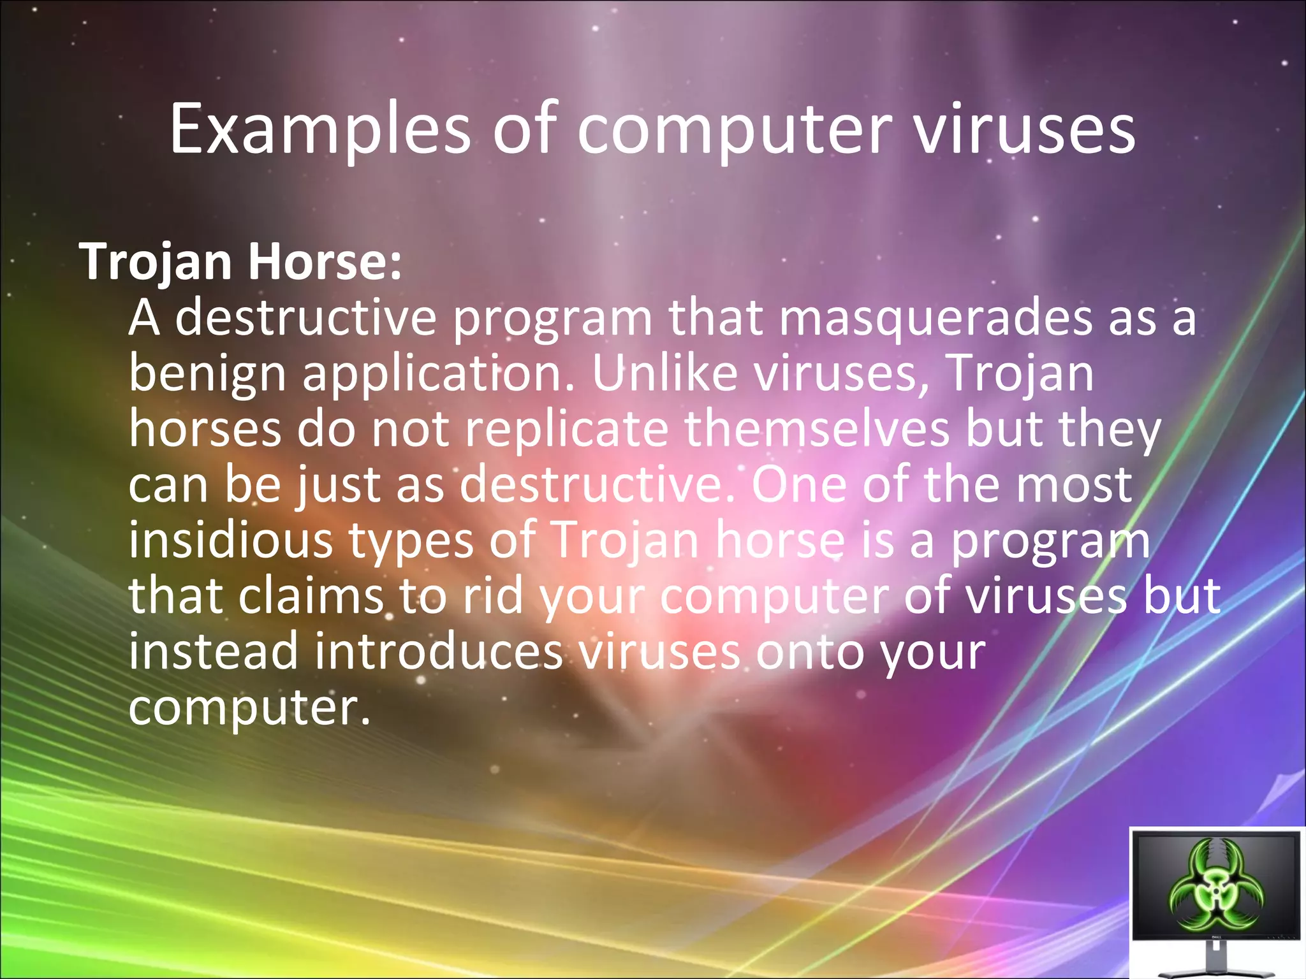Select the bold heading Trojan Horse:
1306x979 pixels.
pos(240,262)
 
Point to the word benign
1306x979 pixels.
pos(207,375)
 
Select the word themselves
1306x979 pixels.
pos(817,428)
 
